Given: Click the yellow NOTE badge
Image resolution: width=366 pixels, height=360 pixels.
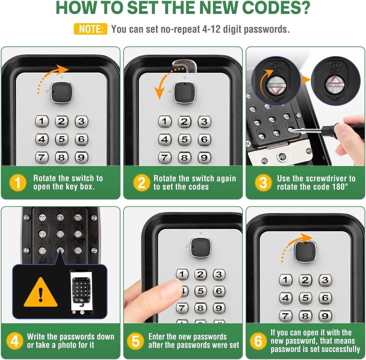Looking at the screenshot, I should (x=90, y=29).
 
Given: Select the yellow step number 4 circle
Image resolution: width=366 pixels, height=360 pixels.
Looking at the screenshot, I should (x=14, y=341).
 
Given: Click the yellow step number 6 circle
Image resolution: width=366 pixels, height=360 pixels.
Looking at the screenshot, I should (x=258, y=341).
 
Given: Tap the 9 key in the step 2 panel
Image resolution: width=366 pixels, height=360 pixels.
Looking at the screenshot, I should (x=204, y=157).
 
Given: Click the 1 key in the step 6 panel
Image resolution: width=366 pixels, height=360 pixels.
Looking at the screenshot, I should (x=286, y=280).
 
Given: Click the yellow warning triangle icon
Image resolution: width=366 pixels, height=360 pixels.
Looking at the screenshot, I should (x=41, y=293).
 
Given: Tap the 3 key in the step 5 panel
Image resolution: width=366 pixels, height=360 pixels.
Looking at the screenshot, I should (x=219, y=275).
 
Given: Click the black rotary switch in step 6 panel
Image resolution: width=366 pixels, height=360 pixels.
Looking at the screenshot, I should (x=304, y=251).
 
